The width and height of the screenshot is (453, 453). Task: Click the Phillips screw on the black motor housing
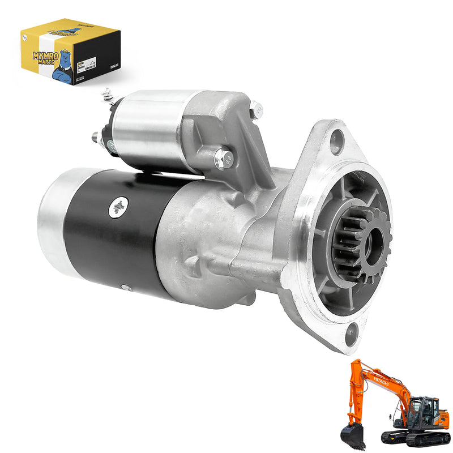tap(118, 208)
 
